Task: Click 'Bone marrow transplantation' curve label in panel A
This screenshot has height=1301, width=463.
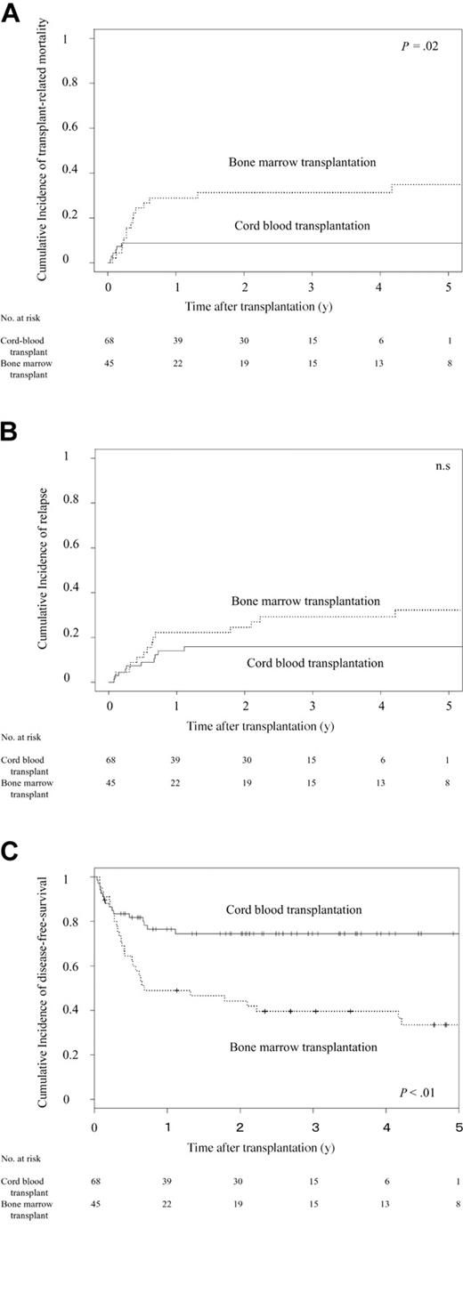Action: click(302, 163)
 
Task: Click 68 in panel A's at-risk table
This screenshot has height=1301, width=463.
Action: click(110, 340)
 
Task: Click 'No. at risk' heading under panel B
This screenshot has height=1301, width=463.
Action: click(20, 737)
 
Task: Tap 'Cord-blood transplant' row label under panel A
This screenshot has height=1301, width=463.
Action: click(22, 345)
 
